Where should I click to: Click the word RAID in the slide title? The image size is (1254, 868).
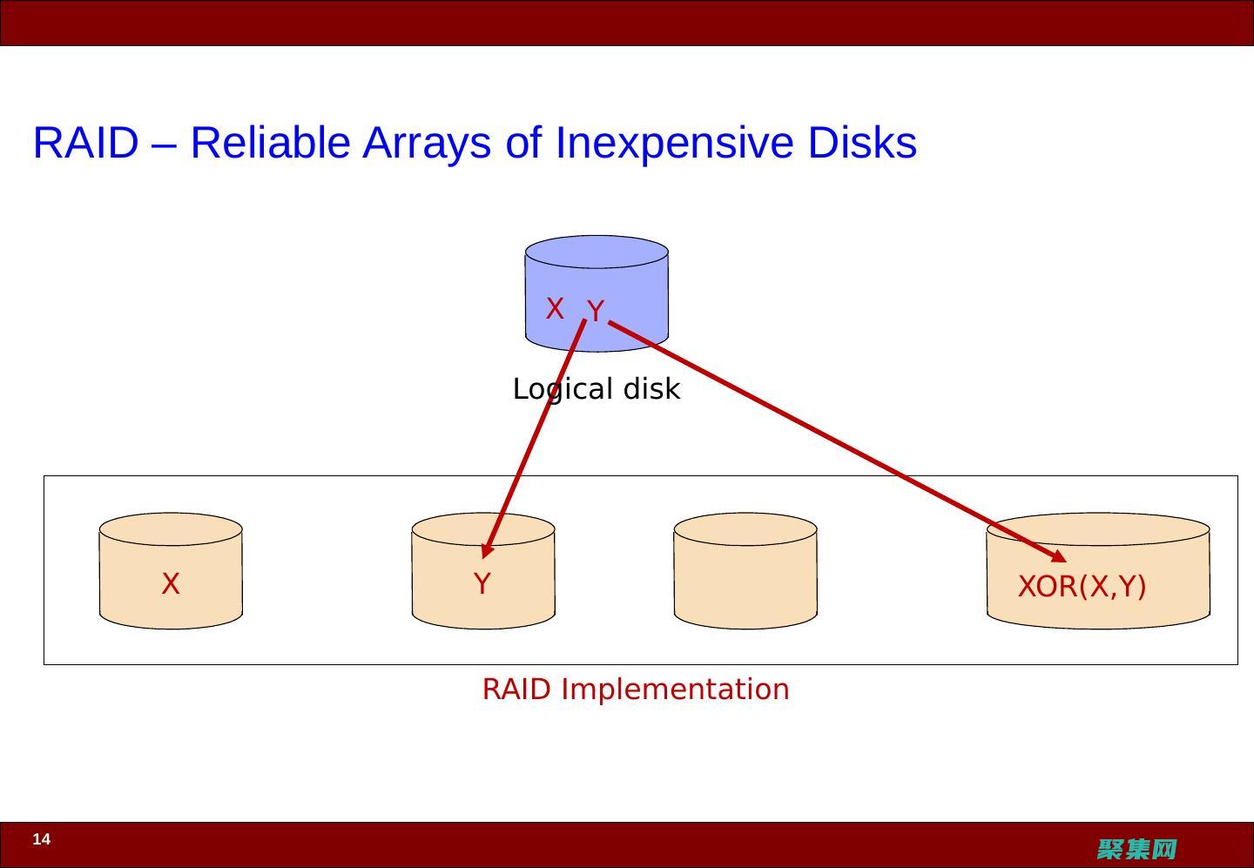[x=85, y=143]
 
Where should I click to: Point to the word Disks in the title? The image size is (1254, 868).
[x=862, y=143]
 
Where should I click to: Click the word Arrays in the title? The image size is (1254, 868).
[x=426, y=143]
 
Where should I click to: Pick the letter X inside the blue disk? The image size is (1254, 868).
[x=555, y=308]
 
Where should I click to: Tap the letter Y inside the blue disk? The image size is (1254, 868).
[x=596, y=311]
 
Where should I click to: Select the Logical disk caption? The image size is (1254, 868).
[x=597, y=388]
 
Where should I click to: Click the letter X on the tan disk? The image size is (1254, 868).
[x=171, y=583]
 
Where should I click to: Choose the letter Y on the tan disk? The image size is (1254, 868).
[x=482, y=583]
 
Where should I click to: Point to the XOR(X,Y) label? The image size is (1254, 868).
[x=1082, y=587]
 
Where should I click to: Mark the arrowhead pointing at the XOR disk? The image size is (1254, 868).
[x=1058, y=556]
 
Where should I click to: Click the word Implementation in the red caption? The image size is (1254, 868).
[x=675, y=689]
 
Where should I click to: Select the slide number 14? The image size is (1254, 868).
[x=42, y=839]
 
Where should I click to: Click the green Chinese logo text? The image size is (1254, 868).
[x=1137, y=849]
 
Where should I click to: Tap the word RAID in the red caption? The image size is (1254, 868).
[x=516, y=689]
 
